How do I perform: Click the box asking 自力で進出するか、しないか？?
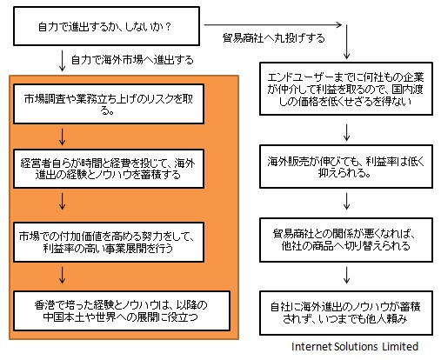pos(106,26)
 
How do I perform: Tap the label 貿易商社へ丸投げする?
pos(273,38)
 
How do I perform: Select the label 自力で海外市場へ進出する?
pos(132,60)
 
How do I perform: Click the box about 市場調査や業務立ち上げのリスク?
pos(109,103)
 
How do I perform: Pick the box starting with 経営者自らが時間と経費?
pos(109,169)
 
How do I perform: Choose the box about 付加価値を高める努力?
pos(109,242)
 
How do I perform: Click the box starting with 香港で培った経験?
pos(122,310)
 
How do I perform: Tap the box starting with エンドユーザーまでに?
pos(346,89)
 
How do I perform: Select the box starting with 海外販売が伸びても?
pos(346,167)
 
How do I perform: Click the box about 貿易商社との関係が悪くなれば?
pos(346,240)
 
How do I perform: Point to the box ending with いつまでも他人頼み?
pos(346,313)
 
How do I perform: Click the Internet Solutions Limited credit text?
pos(355,346)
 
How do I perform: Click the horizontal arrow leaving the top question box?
pos(273,25)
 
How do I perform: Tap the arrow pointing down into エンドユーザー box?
pos(346,42)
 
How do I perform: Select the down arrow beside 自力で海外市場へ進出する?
pos(62,61)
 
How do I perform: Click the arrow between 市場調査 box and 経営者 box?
pos(62,137)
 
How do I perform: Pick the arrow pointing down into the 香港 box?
pos(62,275)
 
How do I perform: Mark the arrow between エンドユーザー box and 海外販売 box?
pos(346,133)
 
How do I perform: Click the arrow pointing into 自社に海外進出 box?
pos(346,275)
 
